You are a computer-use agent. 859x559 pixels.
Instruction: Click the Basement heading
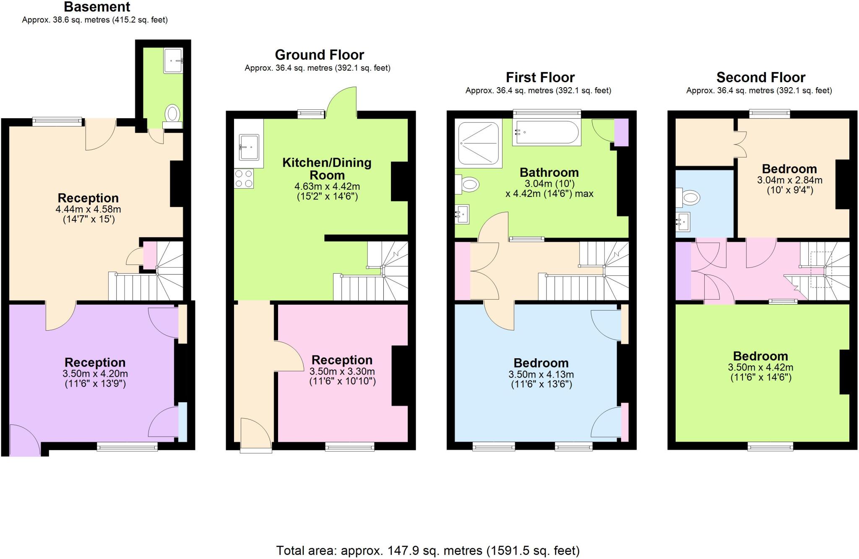click(97, 7)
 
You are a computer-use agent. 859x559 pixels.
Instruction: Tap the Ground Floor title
click(319, 55)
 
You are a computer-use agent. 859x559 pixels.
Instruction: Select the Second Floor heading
click(761, 78)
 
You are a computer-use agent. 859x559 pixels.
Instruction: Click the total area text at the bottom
click(428, 550)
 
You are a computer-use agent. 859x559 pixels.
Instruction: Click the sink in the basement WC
click(173, 61)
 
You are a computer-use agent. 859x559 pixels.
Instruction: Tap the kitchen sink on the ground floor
click(249, 147)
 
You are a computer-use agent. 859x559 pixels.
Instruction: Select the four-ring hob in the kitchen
click(244, 178)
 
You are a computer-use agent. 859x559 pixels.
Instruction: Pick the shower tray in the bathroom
click(479, 143)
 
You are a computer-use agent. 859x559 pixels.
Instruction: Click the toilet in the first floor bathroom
click(467, 184)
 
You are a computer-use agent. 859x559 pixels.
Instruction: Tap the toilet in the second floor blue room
click(688, 197)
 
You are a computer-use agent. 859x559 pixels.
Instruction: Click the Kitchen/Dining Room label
click(327, 168)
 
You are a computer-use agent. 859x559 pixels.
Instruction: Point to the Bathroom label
click(549, 172)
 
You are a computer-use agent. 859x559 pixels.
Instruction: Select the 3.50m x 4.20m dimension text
click(95, 374)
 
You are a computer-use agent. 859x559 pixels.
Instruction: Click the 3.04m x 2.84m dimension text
click(789, 180)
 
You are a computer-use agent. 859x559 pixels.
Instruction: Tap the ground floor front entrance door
click(256, 435)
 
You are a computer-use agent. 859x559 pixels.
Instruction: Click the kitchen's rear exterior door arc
click(341, 102)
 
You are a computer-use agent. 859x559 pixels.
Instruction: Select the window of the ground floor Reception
click(350, 447)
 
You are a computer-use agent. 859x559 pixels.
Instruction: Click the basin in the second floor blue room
click(683, 222)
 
